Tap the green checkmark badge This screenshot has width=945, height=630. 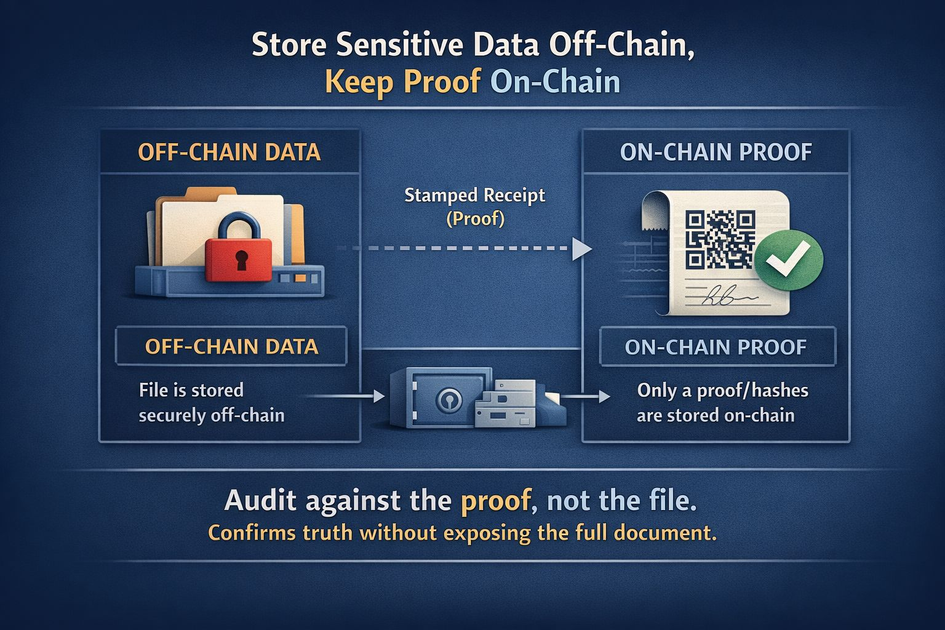(x=788, y=260)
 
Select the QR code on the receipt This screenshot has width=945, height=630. (x=720, y=240)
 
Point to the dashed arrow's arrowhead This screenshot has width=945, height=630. (x=581, y=249)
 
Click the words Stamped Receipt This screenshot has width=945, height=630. (x=474, y=196)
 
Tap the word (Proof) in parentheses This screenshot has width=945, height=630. (x=474, y=218)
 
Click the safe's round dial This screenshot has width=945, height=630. (x=447, y=401)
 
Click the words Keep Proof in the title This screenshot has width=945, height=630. (x=402, y=82)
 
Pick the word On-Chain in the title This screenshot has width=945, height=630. (x=555, y=82)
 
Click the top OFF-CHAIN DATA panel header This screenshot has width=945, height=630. (x=229, y=152)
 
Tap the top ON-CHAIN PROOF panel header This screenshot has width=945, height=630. (x=716, y=152)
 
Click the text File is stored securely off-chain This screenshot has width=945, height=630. (x=211, y=402)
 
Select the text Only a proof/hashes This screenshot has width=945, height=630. (x=722, y=390)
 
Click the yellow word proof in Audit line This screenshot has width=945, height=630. (x=495, y=501)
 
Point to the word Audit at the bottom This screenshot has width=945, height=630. (x=261, y=501)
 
